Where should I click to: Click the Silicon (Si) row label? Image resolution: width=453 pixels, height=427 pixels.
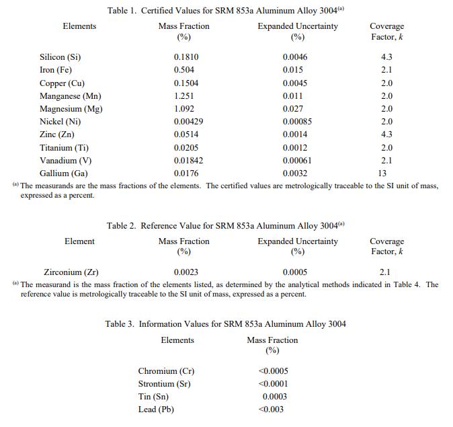(x=60, y=57)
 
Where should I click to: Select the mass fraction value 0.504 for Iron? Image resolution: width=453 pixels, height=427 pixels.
(x=185, y=70)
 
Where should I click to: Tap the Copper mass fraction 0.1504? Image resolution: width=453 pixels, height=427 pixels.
(x=187, y=83)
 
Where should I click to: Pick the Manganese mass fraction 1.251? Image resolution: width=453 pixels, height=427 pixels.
(x=185, y=96)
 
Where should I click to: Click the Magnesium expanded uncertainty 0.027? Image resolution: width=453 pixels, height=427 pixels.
(x=293, y=109)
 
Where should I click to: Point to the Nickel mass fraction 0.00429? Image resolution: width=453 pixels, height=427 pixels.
(x=189, y=122)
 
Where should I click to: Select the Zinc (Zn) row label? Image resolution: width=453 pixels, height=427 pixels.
(x=57, y=134)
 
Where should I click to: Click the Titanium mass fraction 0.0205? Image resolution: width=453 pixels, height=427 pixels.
(x=187, y=148)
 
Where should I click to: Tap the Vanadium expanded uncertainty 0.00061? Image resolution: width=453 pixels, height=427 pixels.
(x=297, y=161)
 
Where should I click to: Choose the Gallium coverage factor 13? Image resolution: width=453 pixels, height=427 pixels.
(x=382, y=173)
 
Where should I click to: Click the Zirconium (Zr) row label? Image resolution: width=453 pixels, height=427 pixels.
(x=71, y=272)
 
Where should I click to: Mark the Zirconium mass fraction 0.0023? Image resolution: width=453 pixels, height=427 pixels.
(x=186, y=272)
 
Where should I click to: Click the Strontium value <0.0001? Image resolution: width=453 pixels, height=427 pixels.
(x=273, y=384)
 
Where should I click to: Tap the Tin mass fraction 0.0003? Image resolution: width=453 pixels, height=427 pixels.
(x=275, y=397)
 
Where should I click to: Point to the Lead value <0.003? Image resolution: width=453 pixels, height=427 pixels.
(x=271, y=410)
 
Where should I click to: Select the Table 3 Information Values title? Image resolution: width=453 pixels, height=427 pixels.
(x=226, y=324)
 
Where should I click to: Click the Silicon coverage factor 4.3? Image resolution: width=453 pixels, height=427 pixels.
(x=386, y=57)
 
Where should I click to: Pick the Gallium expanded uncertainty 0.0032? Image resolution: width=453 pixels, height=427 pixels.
(x=295, y=173)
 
